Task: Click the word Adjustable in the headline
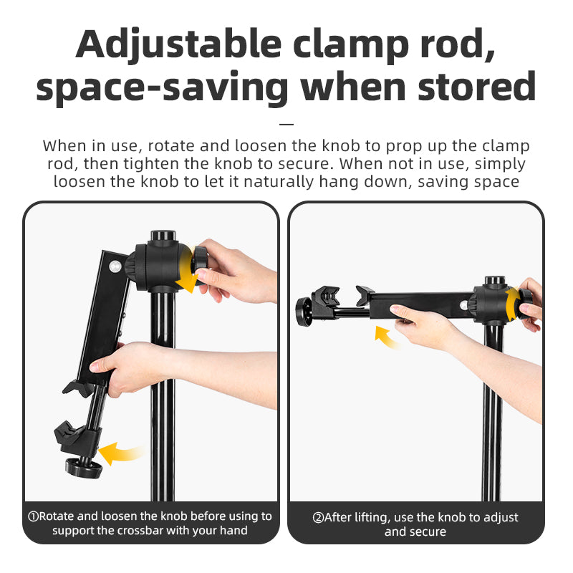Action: pyautogui.click(x=178, y=44)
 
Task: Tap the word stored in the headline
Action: pyautogui.click(x=477, y=86)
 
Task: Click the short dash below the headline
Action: pyautogui.click(x=286, y=124)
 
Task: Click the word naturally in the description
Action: pyautogui.click(x=279, y=182)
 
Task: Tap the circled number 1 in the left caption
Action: pyautogui.click(x=33, y=516)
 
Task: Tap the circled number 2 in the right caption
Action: pyautogui.click(x=318, y=517)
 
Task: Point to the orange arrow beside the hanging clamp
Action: pyautogui.click(x=120, y=453)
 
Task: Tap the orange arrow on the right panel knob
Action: pyautogui.click(x=514, y=302)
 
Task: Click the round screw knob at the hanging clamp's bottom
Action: pyautogui.click(x=83, y=468)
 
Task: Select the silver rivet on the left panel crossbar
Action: pyautogui.click(x=115, y=266)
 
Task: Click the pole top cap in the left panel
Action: pyautogui.click(x=163, y=235)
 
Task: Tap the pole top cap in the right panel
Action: pyautogui.click(x=495, y=281)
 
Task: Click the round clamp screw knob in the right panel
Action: pyautogui.click(x=304, y=312)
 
